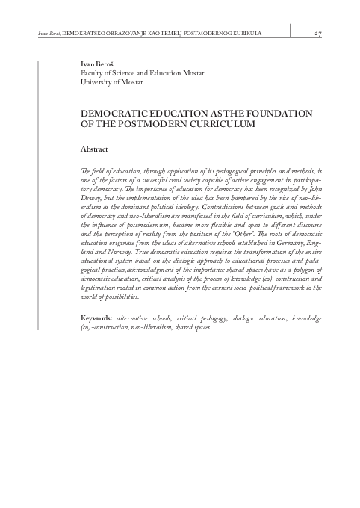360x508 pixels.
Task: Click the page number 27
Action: click(x=317, y=34)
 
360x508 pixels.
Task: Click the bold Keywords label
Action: click(x=97, y=339)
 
